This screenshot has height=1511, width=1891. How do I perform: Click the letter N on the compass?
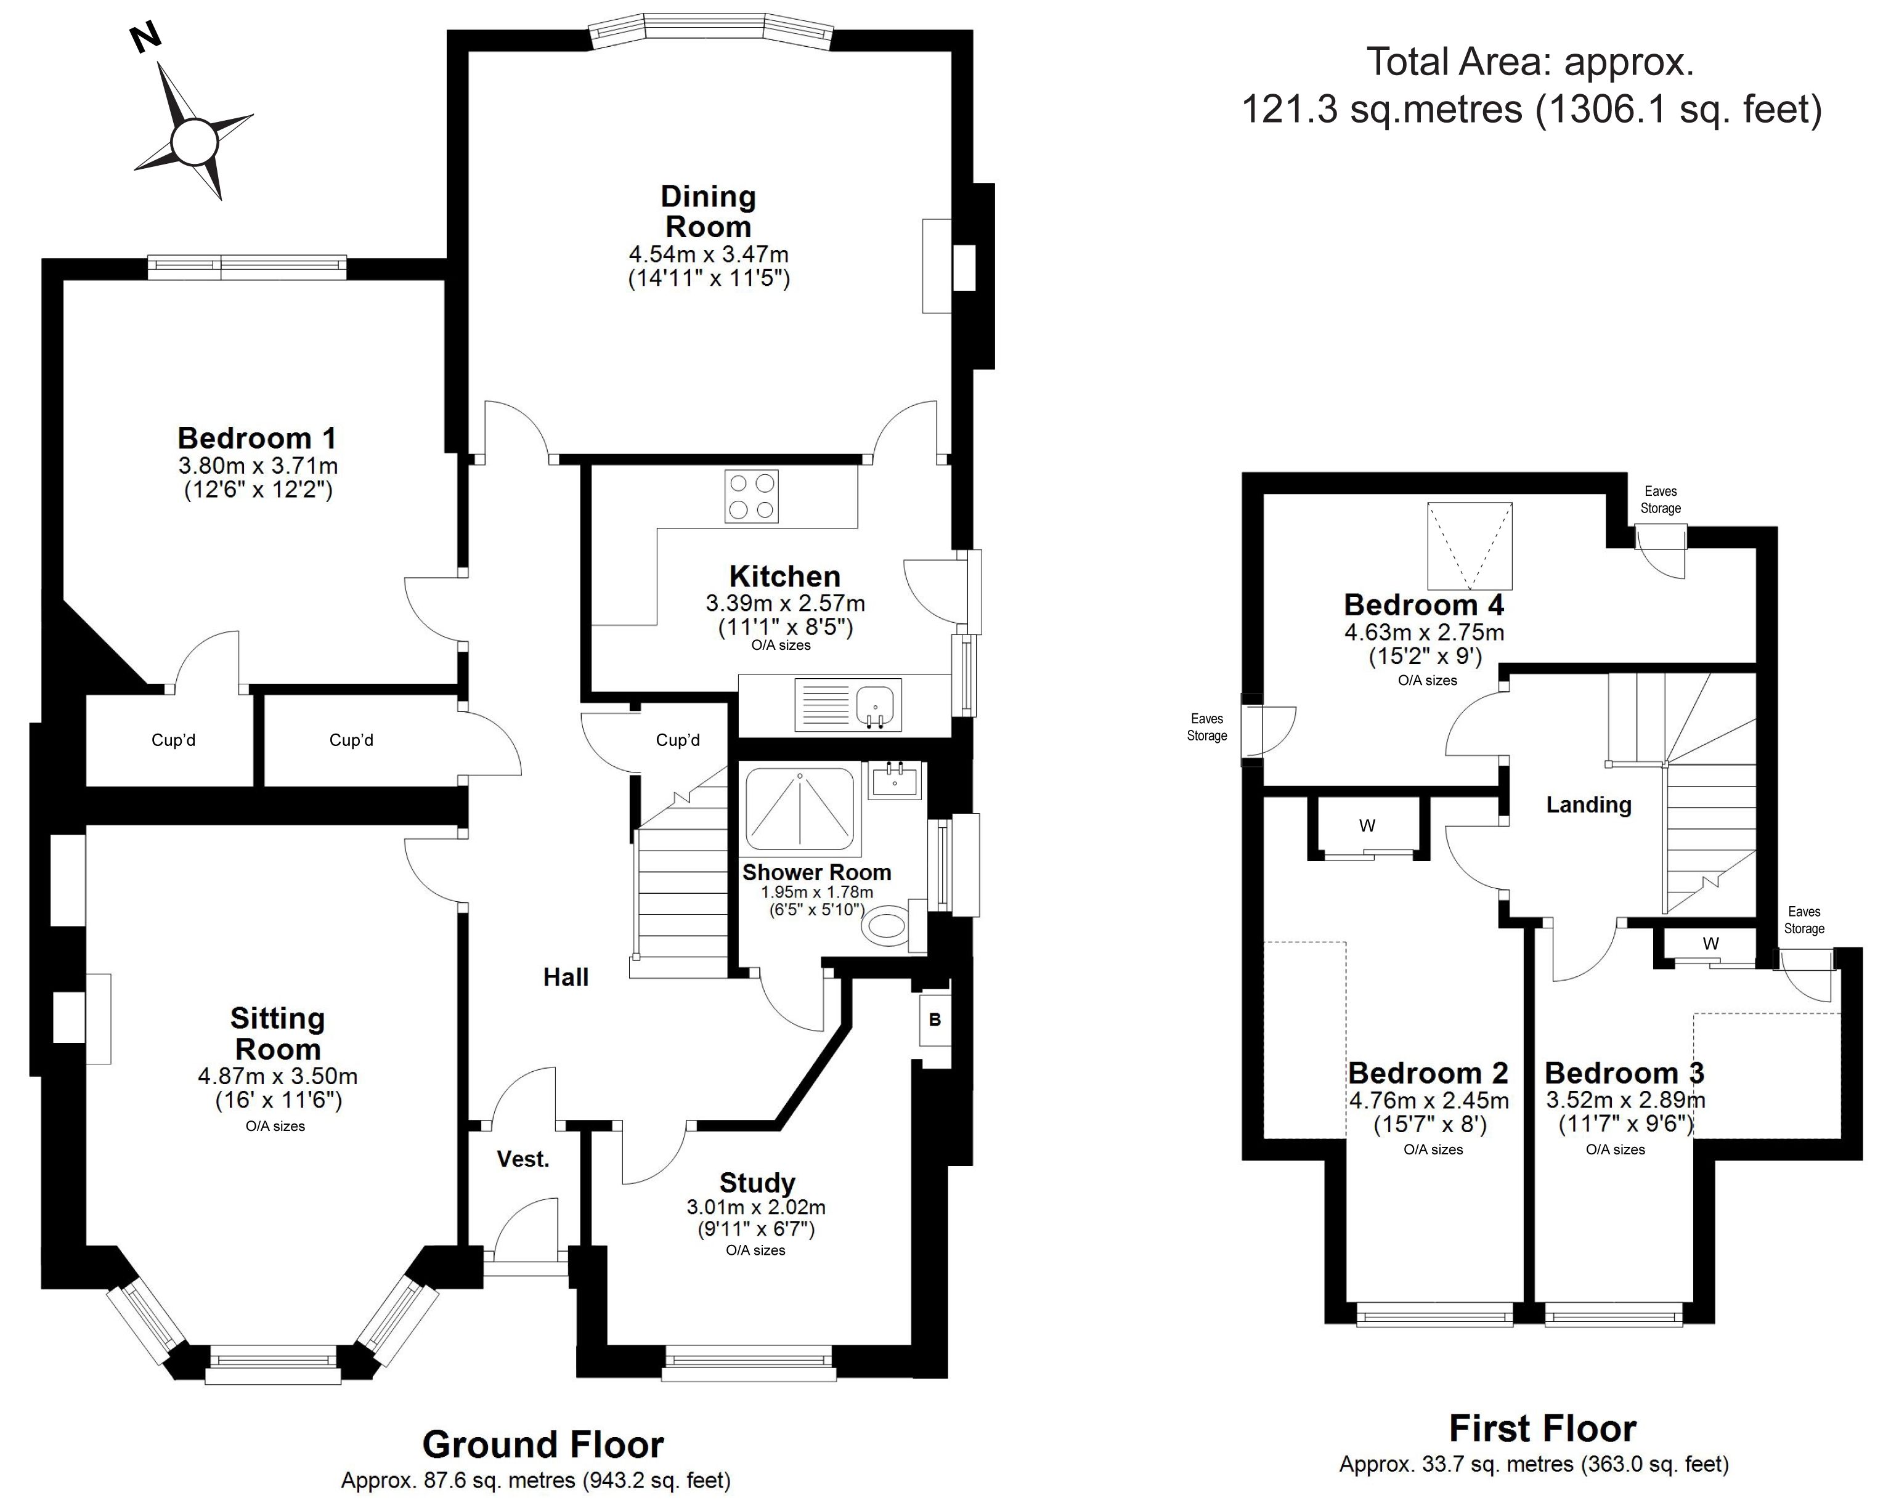point(145,39)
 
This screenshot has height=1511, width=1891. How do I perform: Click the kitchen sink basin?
point(874,706)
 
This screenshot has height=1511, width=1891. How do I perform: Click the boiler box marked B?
point(935,1020)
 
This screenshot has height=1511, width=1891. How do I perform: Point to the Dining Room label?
point(709,211)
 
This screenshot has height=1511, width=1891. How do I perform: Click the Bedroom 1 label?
point(257,437)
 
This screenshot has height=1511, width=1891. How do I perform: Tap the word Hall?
point(566,977)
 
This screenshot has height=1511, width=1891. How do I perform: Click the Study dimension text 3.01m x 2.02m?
point(756,1207)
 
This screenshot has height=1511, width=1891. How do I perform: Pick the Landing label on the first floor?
point(1588,805)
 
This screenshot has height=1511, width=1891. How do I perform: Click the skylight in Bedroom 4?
point(1470,546)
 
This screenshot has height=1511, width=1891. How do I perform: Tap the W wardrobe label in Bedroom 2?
point(1367,825)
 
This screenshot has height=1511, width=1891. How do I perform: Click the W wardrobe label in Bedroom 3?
point(1710,944)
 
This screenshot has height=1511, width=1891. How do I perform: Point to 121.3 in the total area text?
point(1289,110)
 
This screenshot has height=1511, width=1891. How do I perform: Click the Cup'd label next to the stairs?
point(678,740)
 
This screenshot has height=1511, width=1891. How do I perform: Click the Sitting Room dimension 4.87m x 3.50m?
point(278,1076)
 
